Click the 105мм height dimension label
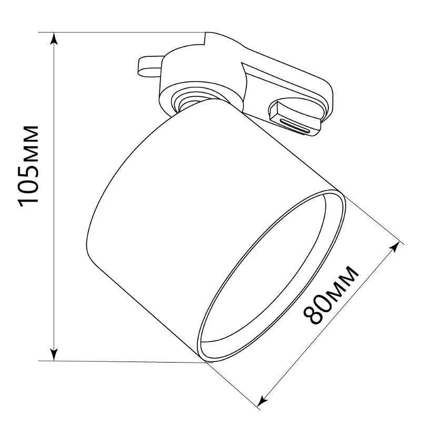28,166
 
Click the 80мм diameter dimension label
331,295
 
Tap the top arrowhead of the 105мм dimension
54,38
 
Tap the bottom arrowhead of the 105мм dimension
54,354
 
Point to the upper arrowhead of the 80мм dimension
394,247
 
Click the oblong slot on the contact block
295,126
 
